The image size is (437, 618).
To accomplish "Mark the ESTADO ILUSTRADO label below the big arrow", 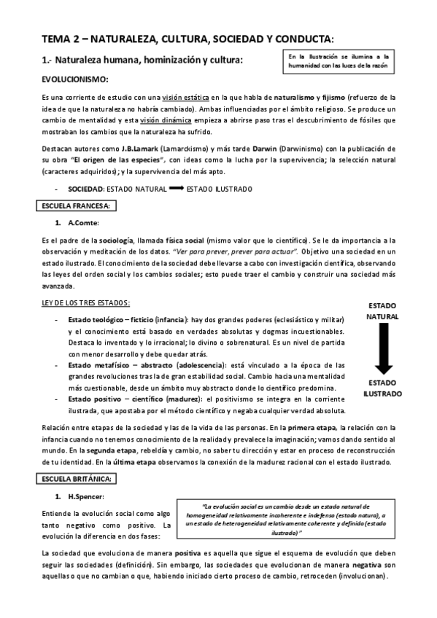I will point(382,388).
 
